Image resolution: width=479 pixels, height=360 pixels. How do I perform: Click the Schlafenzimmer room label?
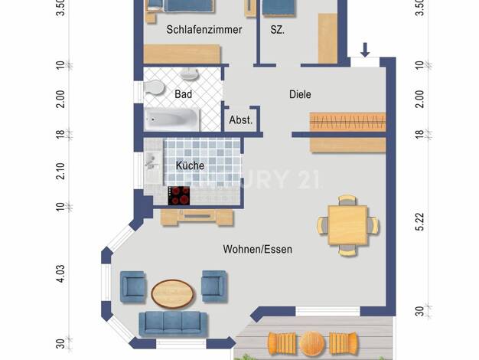[204, 30]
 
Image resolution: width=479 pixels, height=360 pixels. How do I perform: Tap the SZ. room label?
[278, 30]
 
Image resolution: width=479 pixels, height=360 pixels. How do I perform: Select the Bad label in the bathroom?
[184, 94]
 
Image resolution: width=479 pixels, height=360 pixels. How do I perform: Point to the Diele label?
[300, 94]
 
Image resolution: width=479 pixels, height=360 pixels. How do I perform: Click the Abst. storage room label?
[241, 120]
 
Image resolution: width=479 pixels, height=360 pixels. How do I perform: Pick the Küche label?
[190, 165]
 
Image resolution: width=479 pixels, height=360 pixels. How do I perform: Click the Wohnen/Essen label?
[258, 249]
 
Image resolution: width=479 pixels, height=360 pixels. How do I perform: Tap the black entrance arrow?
[365, 50]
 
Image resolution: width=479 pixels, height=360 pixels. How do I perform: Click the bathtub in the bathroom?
[172, 119]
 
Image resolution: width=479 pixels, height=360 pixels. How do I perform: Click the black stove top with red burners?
[179, 196]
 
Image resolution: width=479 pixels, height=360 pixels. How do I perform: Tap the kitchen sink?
[152, 161]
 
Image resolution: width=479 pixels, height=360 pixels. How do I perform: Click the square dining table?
[347, 225]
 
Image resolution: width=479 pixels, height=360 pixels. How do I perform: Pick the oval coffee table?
[173, 293]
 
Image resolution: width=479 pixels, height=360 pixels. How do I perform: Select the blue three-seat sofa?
[173, 324]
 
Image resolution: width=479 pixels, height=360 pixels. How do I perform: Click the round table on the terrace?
[312, 344]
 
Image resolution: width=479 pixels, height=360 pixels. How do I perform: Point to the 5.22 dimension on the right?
[420, 221]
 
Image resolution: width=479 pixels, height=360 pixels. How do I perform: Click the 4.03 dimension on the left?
[60, 273]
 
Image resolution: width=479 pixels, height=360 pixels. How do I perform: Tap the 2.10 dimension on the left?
[60, 171]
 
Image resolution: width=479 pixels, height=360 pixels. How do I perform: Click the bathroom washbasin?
[190, 74]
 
